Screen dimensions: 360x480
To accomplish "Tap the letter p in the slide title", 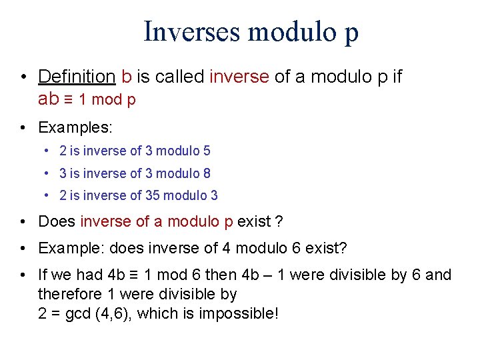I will pyautogui.click(x=351, y=33).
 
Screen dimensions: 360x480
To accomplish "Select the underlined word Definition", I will pyautogui.click(x=77, y=77).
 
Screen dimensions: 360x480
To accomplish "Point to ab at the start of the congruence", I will pyautogui.click(x=49, y=99).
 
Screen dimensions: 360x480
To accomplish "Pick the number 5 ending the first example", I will pyautogui.click(x=207, y=151).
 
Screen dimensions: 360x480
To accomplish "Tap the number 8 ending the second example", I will pyautogui.click(x=207, y=173).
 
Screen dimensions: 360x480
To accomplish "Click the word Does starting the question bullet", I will pyautogui.click(x=57, y=221).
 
